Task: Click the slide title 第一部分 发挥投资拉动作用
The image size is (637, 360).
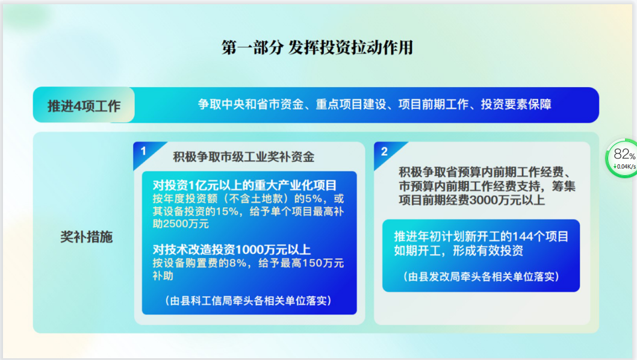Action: tap(317, 48)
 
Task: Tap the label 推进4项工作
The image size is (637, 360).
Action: tap(84, 106)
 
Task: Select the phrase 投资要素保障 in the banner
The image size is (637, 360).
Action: tap(516, 104)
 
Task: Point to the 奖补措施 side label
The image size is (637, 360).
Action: tap(86, 237)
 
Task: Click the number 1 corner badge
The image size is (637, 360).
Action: tap(143, 151)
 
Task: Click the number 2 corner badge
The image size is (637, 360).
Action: tap(384, 152)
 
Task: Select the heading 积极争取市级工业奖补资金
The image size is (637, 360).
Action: tap(244, 157)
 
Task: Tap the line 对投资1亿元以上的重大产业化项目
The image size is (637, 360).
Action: tap(244, 185)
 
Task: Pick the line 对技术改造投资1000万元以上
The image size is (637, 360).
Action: tap(232, 249)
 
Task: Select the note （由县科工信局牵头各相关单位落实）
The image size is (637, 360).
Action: tap(248, 300)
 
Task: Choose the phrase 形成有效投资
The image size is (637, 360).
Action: tap(488, 250)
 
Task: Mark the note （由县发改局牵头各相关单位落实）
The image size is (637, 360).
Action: tap(481, 277)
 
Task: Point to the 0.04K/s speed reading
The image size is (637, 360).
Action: tap(625, 167)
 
